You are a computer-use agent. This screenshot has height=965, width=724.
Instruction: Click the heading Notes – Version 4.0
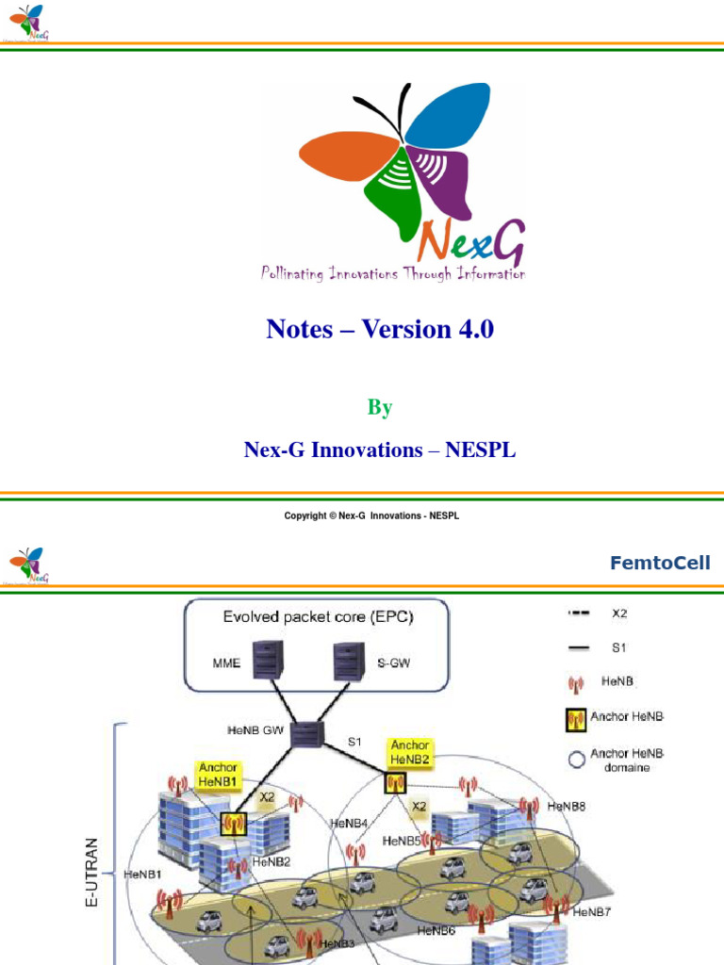click(x=380, y=330)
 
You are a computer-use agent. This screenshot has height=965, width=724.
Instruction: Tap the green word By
click(x=380, y=408)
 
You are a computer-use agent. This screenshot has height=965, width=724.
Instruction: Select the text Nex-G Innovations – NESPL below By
click(x=380, y=450)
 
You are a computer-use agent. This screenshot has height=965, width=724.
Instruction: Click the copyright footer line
click(x=371, y=515)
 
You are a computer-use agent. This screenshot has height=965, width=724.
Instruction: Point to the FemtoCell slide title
click(x=660, y=564)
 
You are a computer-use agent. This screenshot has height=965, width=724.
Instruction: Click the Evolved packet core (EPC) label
click(x=318, y=618)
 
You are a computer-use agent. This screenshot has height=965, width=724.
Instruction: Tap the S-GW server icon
click(x=349, y=661)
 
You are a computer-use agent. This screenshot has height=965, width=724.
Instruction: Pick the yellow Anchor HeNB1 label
click(x=218, y=775)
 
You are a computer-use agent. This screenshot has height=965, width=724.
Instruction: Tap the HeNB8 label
click(x=567, y=807)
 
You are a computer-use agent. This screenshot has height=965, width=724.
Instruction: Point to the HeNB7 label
click(x=591, y=912)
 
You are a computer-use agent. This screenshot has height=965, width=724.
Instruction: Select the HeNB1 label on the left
click(x=143, y=874)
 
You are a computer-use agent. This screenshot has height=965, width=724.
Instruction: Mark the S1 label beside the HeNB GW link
click(x=354, y=742)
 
